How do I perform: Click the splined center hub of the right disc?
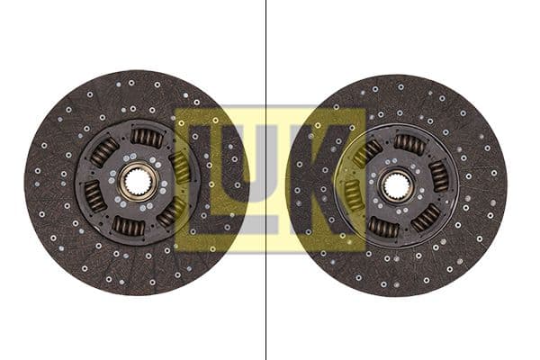[x=396, y=186]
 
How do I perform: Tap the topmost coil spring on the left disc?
[x=147, y=138]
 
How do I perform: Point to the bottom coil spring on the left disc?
[x=128, y=226]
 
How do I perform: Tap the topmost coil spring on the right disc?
[x=409, y=143]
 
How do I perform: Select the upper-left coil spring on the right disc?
[x=367, y=152]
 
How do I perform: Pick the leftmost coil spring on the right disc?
[x=352, y=193]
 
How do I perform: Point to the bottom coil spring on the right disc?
[x=383, y=229]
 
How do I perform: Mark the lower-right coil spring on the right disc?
[x=425, y=218]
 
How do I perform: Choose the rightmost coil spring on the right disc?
[x=438, y=175]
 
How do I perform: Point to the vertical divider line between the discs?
[x=265, y=297]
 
